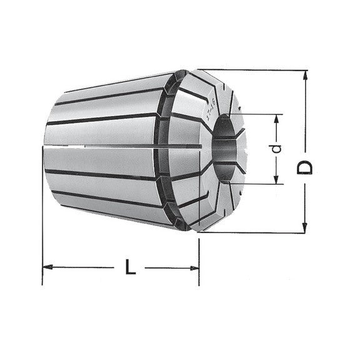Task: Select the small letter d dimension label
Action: coord(278,150)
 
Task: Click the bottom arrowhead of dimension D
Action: coord(306,226)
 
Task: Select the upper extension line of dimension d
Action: coord(256,114)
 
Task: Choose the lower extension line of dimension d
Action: coord(256,186)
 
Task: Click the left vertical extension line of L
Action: coord(42,212)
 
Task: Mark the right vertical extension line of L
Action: coord(199,256)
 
